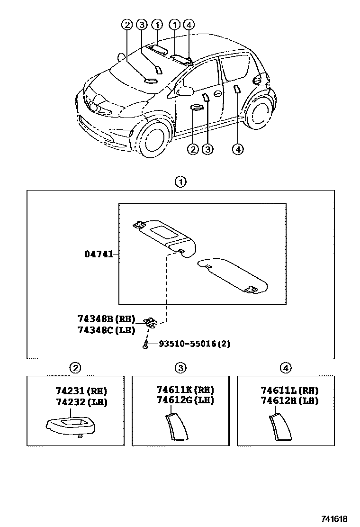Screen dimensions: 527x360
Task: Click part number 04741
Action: [99, 254]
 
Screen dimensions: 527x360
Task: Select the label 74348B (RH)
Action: [107, 319]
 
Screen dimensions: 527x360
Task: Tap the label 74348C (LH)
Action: [107, 330]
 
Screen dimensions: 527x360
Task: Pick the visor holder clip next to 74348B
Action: [152, 322]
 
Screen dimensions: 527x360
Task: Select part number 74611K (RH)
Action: [185, 390]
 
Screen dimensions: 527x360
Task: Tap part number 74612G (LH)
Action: [185, 400]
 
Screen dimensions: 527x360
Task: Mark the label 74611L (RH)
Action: [289, 390]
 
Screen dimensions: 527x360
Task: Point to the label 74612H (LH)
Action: [289, 400]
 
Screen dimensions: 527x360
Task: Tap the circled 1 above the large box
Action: [180, 182]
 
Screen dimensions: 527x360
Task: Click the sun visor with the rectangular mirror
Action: [163, 235]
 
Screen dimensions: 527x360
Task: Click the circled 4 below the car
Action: [238, 149]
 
